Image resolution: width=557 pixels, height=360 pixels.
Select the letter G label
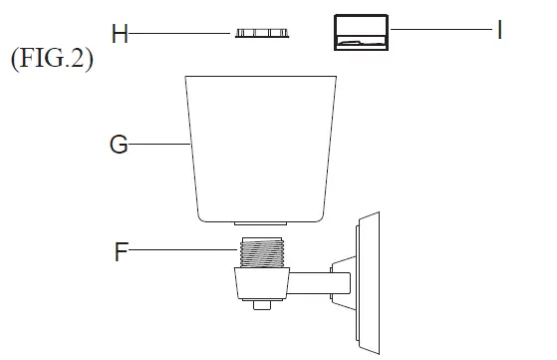(x=119, y=145)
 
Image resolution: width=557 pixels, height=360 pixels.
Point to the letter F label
(x=122, y=251)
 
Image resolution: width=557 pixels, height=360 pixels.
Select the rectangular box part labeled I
(x=359, y=32)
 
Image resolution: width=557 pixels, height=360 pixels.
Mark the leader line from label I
(x=438, y=32)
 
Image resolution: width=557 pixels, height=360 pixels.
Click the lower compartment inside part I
(x=359, y=42)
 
